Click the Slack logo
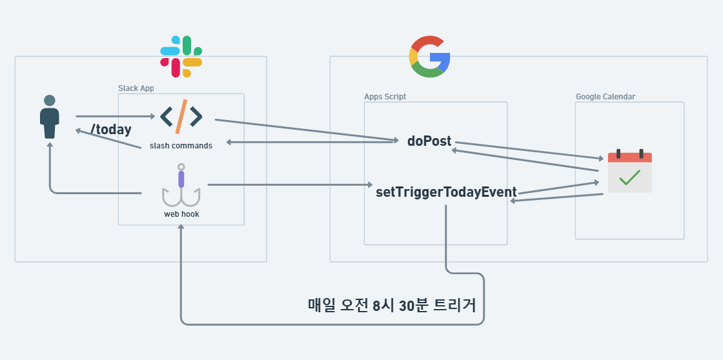pyautogui.click(x=181, y=57)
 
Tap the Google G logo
pyautogui.click(x=429, y=57)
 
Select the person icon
pyautogui.click(x=50, y=117)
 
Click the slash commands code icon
pyautogui.click(x=181, y=117)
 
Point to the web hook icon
pyautogui.click(x=181, y=186)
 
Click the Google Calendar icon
pyautogui.click(x=629, y=172)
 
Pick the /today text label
pyautogui.click(x=111, y=130)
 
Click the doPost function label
pyautogui.click(x=429, y=141)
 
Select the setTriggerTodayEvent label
pyautogui.click(x=446, y=192)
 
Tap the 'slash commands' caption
pyautogui.click(x=181, y=146)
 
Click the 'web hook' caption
pyautogui.click(x=181, y=214)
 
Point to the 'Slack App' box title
pyautogui.click(x=136, y=88)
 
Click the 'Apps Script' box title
pyautogui.click(x=385, y=97)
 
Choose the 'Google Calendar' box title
pyautogui.click(x=606, y=97)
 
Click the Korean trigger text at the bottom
pyautogui.click(x=392, y=305)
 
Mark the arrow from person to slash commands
pyautogui.click(x=116, y=117)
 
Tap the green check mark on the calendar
pyautogui.click(x=629, y=177)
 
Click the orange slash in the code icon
pyautogui.click(x=181, y=117)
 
